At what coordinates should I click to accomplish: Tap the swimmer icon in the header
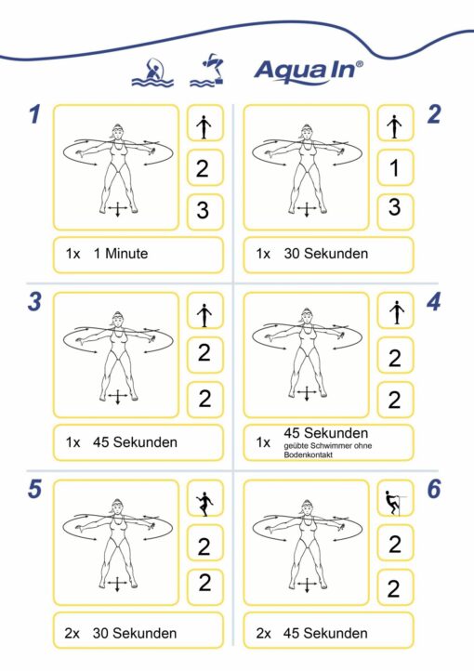[152, 72]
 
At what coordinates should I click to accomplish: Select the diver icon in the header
[207, 71]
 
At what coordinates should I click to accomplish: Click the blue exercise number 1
[34, 114]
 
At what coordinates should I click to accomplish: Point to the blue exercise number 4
[433, 302]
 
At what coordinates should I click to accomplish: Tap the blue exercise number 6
[434, 489]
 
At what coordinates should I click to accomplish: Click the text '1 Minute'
[121, 254]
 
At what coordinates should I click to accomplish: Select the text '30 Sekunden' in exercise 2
[326, 254]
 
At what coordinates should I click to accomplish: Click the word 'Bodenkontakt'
[308, 454]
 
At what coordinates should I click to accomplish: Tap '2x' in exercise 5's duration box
[72, 633]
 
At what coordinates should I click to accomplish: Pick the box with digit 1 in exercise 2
[395, 167]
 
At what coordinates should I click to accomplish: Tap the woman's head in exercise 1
[117, 131]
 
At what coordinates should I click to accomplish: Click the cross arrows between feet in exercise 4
[307, 393]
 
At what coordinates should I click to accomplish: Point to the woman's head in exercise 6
[307, 507]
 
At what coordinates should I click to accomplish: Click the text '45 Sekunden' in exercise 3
[135, 442]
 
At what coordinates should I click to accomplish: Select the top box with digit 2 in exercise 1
[205, 167]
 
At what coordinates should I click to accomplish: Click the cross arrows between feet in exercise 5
[117, 584]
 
